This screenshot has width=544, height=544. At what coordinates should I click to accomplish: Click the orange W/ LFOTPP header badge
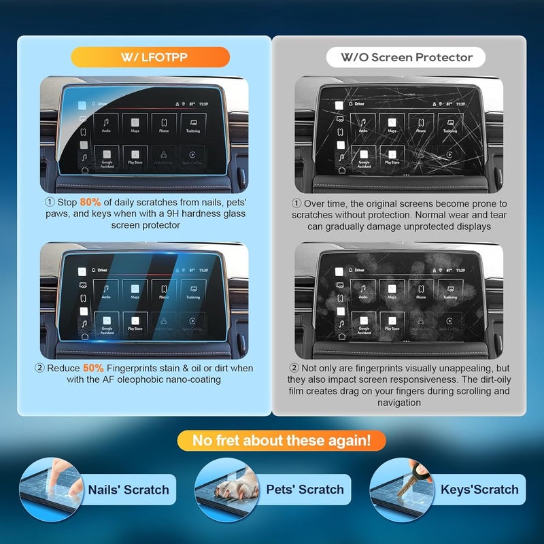click(141, 56)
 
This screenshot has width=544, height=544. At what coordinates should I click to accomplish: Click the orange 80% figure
click(90, 203)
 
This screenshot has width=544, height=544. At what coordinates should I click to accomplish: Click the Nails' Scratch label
click(129, 490)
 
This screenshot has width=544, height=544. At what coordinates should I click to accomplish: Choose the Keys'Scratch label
click(479, 490)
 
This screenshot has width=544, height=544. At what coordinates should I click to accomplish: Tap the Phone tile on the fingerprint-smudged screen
click(420, 290)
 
